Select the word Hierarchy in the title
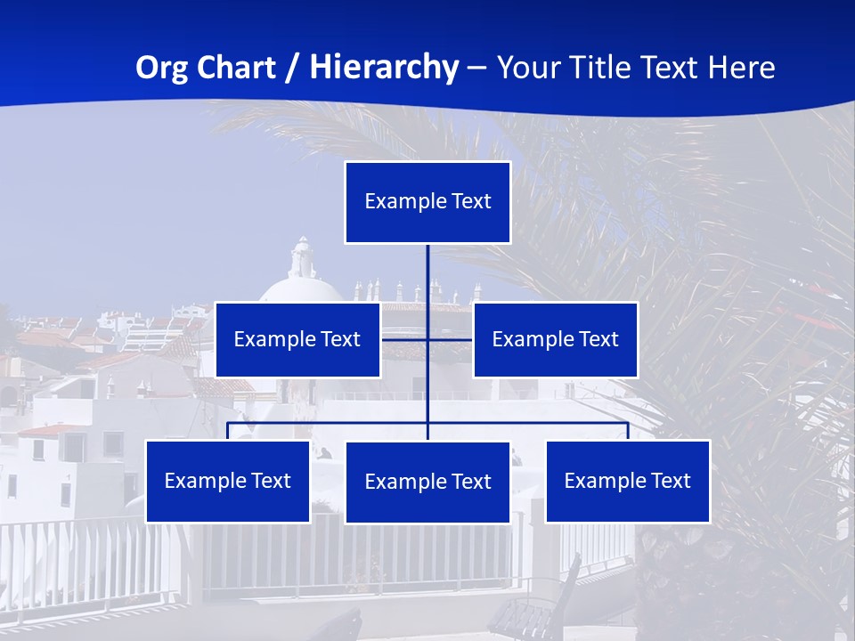click(x=384, y=68)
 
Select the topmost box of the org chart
click(x=427, y=202)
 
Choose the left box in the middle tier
click(x=297, y=339)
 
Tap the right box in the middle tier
click(x=555, y=339)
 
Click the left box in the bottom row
click(x=228, y=481)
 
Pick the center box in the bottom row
click(x=427, y=482)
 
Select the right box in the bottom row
click(x=627, y=481)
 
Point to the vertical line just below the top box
click(x=427, y=267)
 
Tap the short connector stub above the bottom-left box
click(x=228, y=431)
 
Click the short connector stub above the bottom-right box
click(x=628, y=431)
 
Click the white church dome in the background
click(x=300, y=289)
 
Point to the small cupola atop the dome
click(x=303, y=257)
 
